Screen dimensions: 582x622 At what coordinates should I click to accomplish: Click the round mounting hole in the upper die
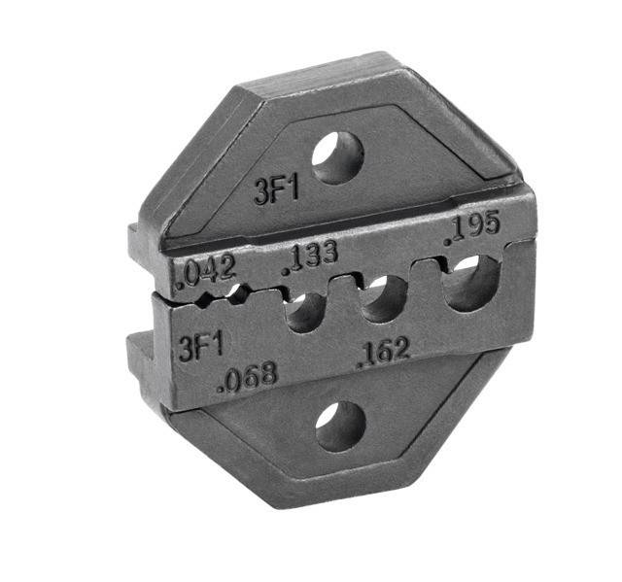337,157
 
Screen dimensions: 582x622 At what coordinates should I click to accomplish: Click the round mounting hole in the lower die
340,426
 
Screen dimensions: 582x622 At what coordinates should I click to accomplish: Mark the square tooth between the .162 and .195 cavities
424,273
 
